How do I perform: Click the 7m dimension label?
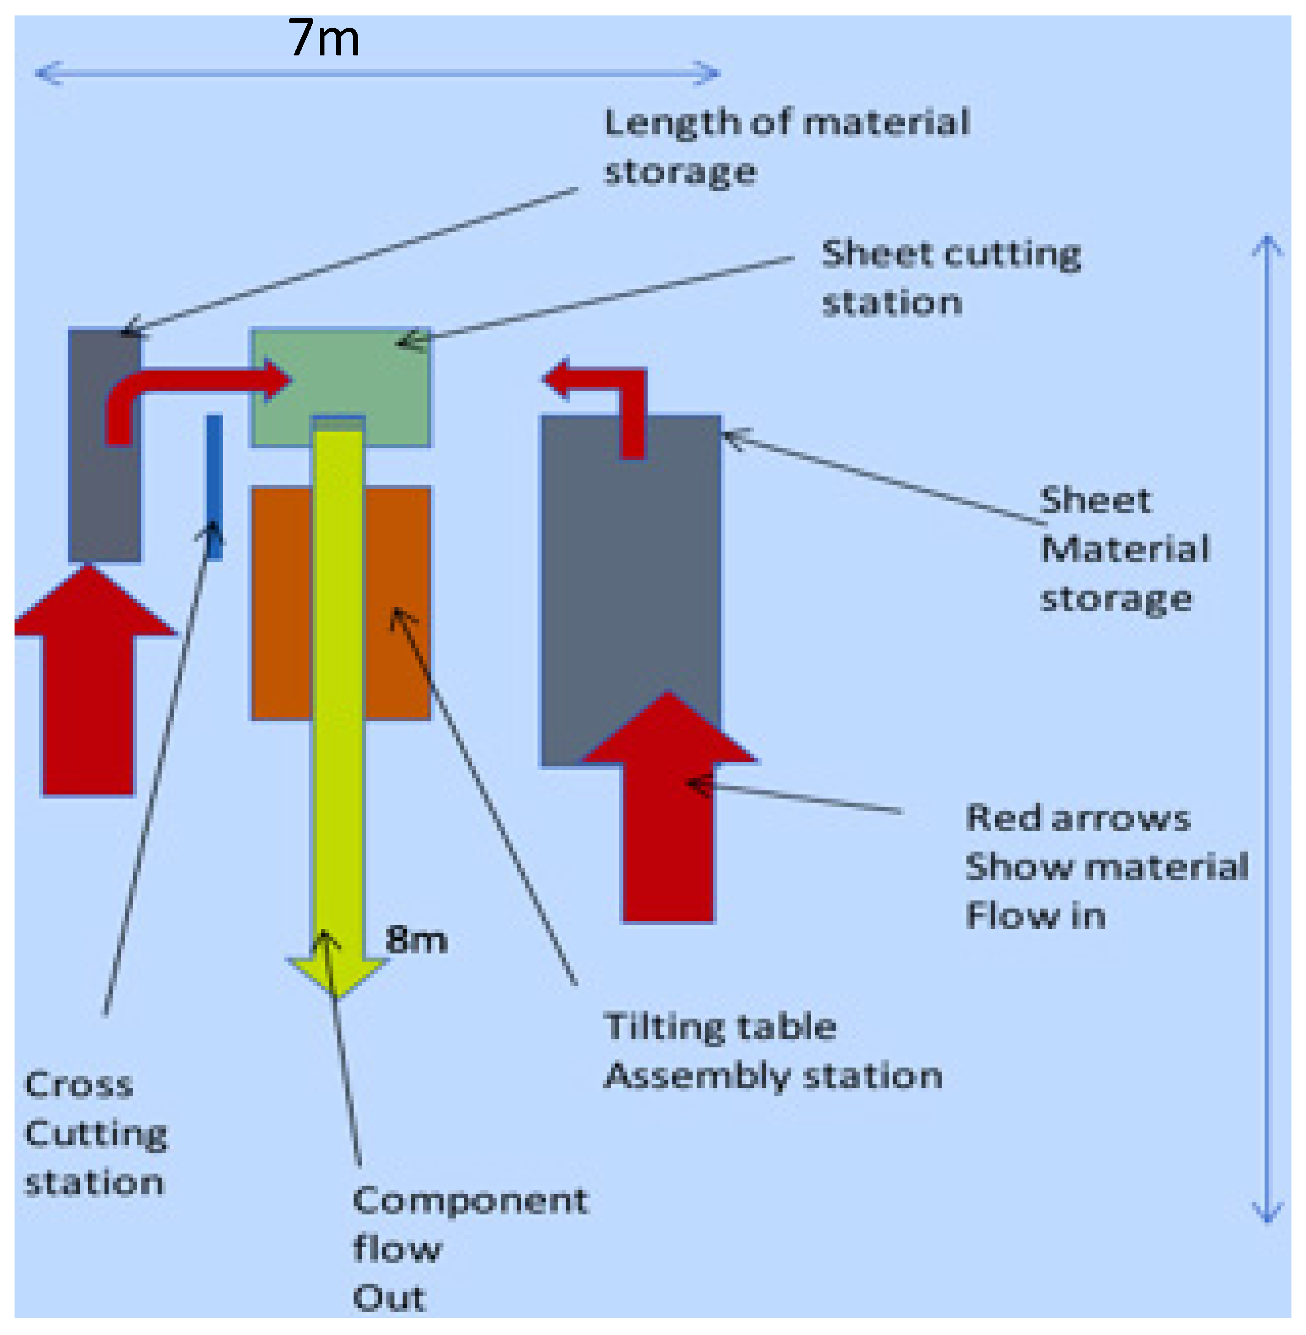tap(324, 39)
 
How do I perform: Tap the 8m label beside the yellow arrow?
tap(416, 940)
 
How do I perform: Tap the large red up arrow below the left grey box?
tap(89, 686)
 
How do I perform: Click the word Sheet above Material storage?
tap(1096, 501)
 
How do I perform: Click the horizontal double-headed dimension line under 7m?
tap(377, 73)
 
